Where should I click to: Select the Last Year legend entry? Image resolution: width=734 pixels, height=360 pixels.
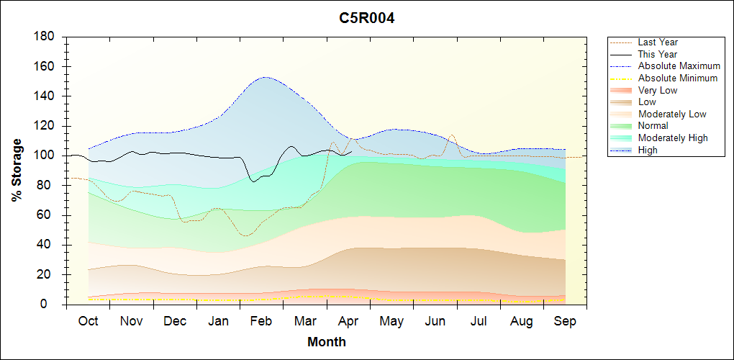658,42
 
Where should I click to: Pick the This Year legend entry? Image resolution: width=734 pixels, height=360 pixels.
658,54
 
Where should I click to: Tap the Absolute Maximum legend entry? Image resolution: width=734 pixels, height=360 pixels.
679,66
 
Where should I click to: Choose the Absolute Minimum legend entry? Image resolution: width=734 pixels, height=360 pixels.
677,78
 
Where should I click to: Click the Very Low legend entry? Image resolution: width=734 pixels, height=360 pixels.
658,90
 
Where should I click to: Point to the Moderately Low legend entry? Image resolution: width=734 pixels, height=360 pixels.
672,114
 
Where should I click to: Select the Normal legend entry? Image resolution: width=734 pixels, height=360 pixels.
653,126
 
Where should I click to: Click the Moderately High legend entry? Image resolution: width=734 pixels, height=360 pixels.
673,138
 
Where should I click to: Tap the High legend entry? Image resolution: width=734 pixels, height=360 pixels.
648,150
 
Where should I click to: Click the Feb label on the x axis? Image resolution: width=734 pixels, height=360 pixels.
261,321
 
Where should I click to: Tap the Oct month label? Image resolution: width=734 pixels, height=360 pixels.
88,321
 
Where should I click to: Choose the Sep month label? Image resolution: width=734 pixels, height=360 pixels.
565,321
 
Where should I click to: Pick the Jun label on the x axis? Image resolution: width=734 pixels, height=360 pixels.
435,321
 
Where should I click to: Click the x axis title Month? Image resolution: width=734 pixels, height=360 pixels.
327,342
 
